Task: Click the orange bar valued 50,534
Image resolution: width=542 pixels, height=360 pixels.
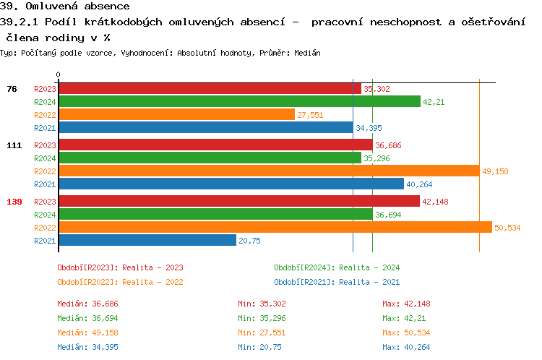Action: pos(275,228)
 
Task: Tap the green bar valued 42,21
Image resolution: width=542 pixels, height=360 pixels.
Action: pos(238,102)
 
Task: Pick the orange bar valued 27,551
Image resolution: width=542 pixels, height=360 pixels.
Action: pos(176,115)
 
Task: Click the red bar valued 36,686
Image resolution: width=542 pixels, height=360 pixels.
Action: pos(215,145)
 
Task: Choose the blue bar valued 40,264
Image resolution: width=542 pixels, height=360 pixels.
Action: pos(231,184)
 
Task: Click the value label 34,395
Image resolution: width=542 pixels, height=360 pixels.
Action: pos(368,128)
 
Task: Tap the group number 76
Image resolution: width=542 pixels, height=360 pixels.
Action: pos(12,89)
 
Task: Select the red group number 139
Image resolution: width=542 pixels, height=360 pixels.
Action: pos(14,202)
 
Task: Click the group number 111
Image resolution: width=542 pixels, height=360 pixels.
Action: pos(14,145)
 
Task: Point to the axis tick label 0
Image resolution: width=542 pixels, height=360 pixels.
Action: pos(59,75)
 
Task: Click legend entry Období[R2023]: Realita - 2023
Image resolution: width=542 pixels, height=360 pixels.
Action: pos(120,267)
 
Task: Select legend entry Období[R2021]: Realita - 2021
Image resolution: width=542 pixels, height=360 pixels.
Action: pos(337,282)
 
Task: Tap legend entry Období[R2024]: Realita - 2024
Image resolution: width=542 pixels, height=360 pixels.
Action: pos(337,267)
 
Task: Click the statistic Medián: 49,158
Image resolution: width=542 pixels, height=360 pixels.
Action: pos(88,333)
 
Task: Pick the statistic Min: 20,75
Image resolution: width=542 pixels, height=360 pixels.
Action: pos(259,347)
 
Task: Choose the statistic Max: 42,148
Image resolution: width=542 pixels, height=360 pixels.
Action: pos(406,304)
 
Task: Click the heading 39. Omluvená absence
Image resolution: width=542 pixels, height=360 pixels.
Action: pos(65,7)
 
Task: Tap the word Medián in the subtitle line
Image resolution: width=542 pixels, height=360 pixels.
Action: pos(306,53)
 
